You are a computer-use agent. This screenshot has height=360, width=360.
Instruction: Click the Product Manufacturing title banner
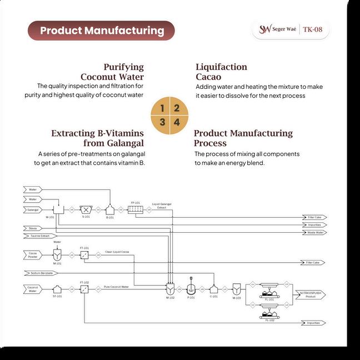[101, 31]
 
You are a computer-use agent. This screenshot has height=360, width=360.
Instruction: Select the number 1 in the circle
[162, 108]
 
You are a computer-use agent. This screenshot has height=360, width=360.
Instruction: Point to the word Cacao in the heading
[208, 77]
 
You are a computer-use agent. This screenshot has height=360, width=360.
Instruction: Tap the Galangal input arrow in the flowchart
[33, 209]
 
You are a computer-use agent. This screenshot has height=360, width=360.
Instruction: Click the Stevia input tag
[33, 228]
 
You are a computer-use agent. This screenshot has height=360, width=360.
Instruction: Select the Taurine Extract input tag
[36, 236]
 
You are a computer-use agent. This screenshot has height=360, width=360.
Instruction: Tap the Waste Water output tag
[314, 232]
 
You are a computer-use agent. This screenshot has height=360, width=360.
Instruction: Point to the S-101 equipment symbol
[86, 209]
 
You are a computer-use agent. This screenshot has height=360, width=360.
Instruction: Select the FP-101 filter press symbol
[135, 209]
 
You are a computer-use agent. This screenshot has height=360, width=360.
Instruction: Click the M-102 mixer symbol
[170, 289]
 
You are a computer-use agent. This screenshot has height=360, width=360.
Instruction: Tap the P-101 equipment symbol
[191, 289]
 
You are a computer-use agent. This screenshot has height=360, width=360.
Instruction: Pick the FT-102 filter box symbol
[84, 289]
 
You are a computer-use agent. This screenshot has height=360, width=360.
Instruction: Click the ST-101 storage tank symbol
[57, 289]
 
